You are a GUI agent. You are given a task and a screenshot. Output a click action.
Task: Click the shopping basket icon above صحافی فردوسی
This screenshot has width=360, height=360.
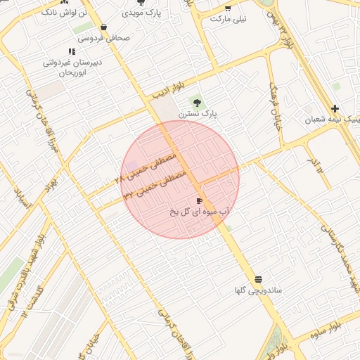(103, 27)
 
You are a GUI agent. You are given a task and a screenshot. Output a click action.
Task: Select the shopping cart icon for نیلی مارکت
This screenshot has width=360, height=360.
(227, 8)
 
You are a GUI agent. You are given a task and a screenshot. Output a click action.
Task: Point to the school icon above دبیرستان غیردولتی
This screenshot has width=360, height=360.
(72, 51)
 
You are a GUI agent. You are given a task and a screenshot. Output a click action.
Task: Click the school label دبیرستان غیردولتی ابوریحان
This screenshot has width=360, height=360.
(72, 67)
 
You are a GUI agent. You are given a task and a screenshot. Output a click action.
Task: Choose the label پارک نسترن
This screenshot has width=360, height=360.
(198, 113)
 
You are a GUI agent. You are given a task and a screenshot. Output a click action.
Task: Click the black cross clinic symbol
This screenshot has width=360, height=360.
(335, 108)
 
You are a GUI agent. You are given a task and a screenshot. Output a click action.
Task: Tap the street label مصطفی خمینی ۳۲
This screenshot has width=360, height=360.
(156, 184)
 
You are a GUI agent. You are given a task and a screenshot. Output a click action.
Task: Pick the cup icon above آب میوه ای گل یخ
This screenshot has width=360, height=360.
(200, 200)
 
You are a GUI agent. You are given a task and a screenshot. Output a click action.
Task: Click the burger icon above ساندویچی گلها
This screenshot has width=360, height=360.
(259, 279)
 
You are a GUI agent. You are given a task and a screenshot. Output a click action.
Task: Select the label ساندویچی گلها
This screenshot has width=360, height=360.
(259, 290)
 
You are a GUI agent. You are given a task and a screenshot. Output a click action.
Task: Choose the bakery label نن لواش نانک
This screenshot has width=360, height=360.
(65, 13)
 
